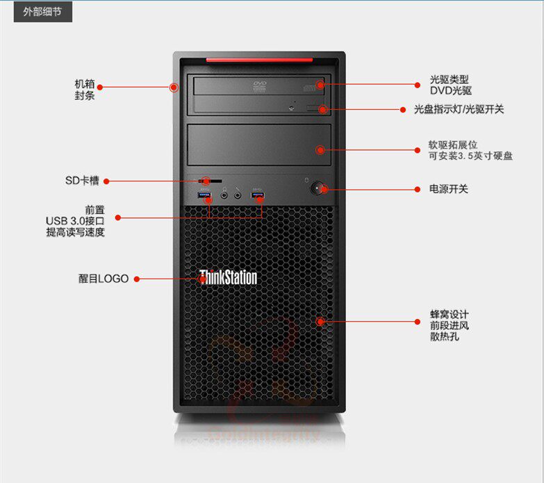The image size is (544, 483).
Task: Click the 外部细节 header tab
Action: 42,12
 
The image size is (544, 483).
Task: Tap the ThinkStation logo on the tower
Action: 229,278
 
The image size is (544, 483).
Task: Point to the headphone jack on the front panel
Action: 224,196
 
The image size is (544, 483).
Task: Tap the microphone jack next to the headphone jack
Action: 238,196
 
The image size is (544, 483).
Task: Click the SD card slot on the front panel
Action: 215,181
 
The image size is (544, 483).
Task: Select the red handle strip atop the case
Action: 258,60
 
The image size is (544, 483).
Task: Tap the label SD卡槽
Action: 82,181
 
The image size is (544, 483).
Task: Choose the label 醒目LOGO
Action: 103,279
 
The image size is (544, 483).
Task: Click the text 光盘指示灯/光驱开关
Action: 459,109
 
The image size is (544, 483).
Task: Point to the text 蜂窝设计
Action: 449,313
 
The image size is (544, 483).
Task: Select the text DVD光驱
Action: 450,90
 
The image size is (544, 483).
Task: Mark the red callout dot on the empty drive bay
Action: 320,149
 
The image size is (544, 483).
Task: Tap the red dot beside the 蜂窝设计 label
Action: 418,322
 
